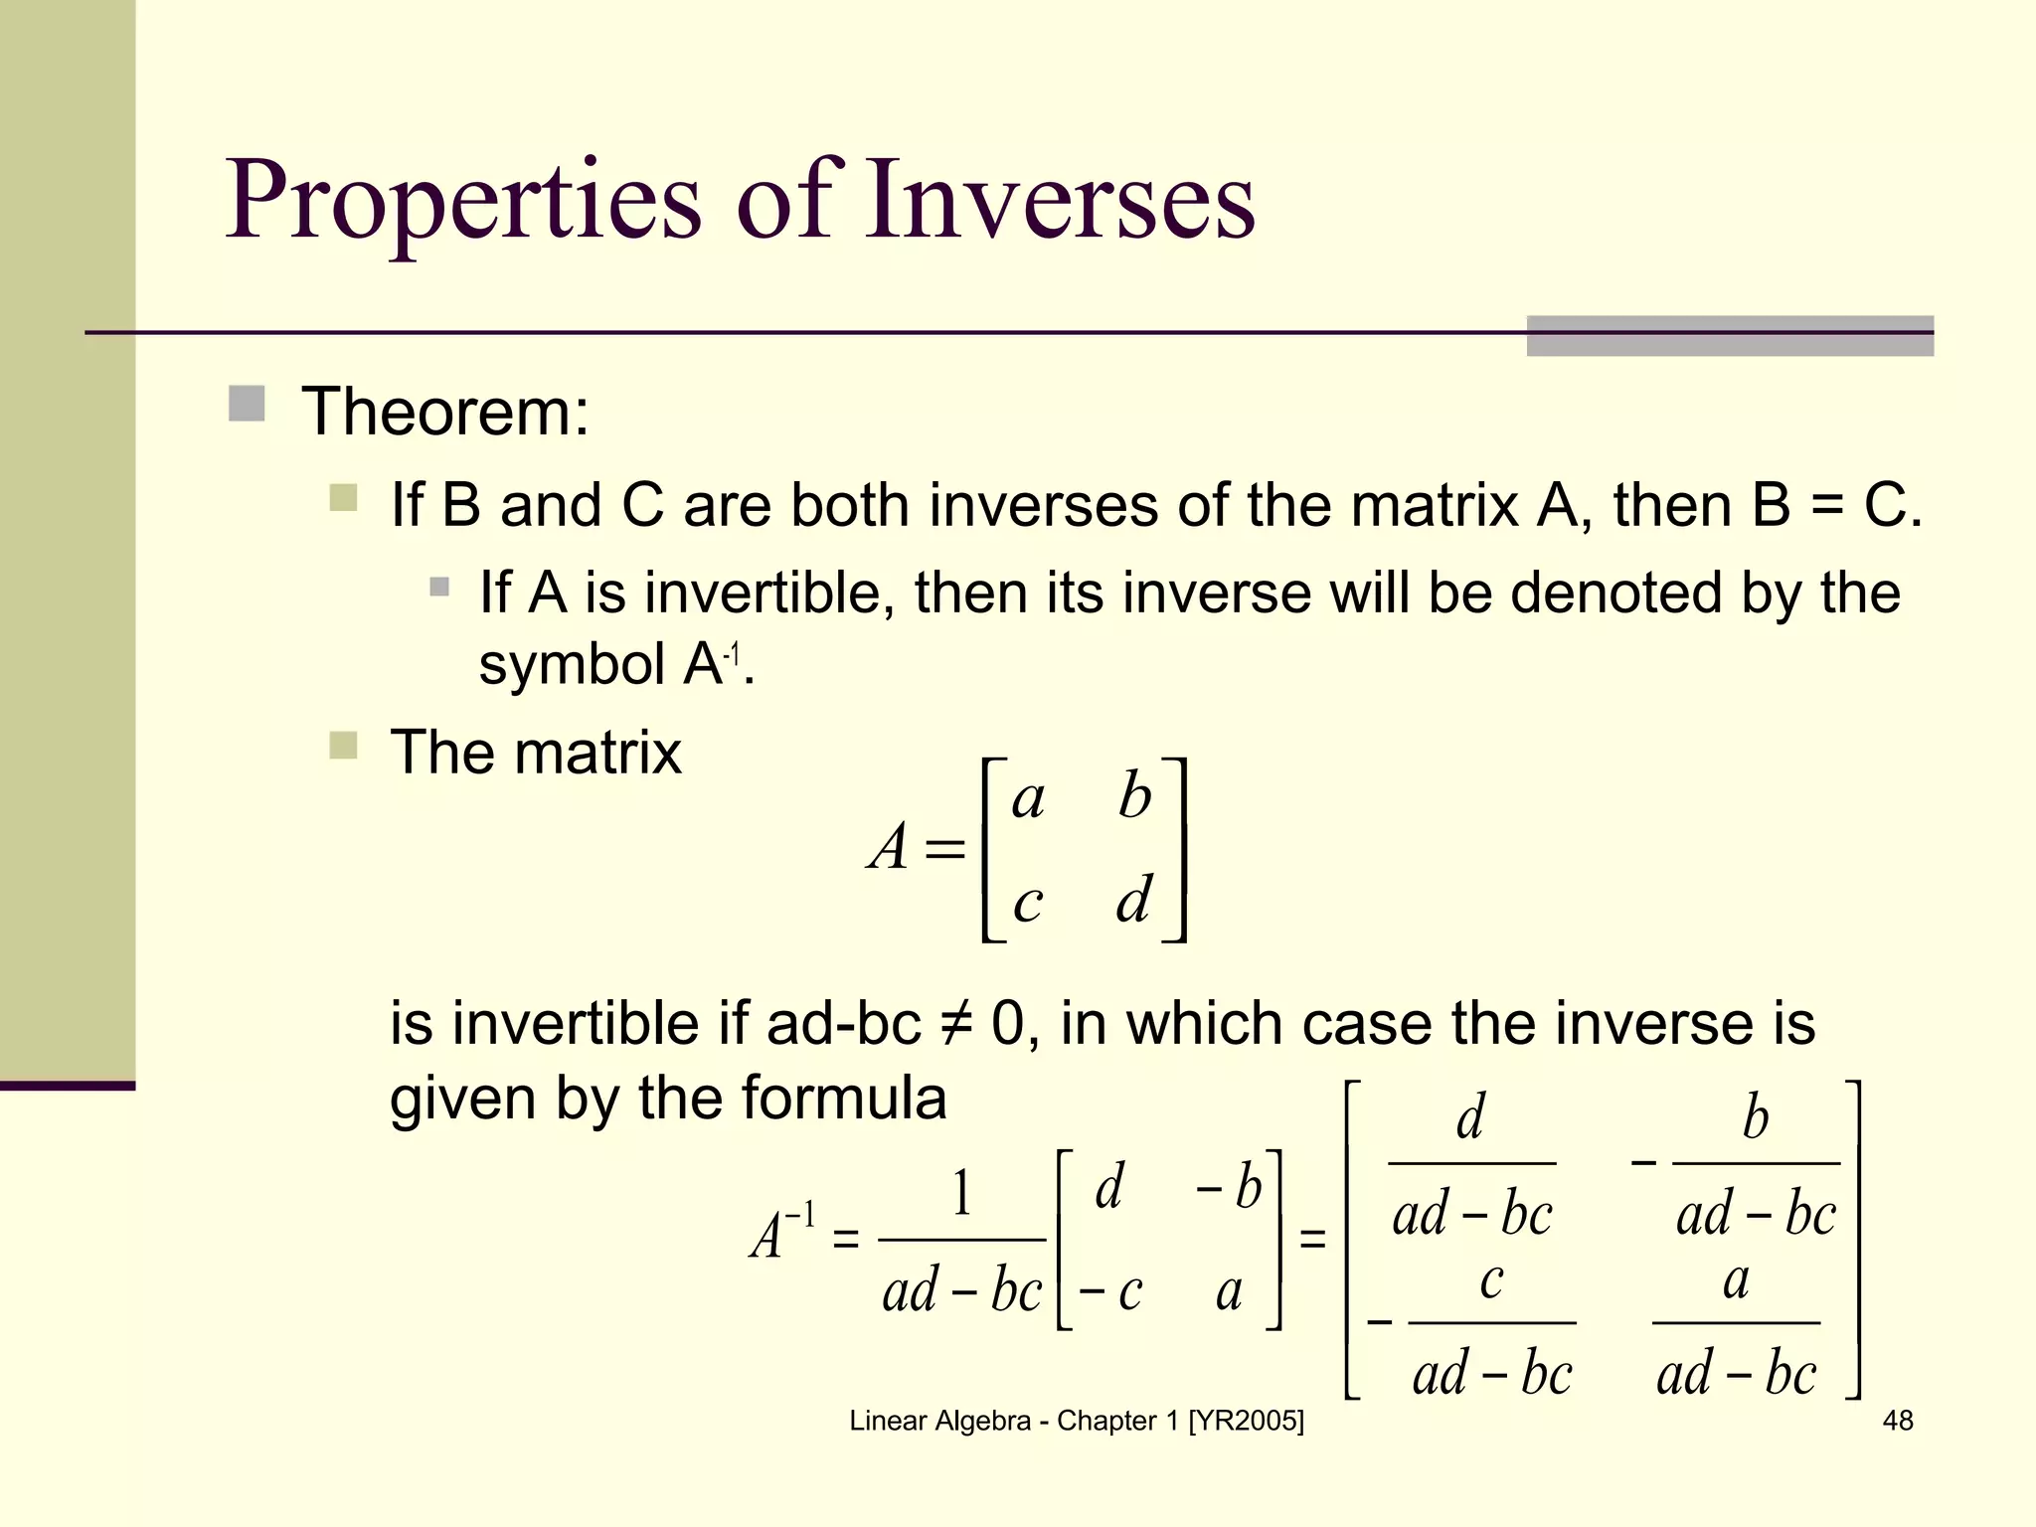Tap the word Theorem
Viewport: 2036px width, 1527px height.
pyautogui.click(x=445, y=412)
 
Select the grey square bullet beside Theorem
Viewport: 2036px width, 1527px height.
pyautogui.click(x=247, y=405)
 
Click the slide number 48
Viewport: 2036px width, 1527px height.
pyautogui.click(x=1897, y=1421)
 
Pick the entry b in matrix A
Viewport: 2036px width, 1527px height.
pyautogui.click(x=1134, y=796)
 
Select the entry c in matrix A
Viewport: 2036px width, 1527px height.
pyautogui.click(x=1028, y=903)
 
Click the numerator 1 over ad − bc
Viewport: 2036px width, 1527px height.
pyautogui.click(x=961, y=1193)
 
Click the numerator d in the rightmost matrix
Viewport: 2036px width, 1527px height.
pyautogui.click(x=1470, y=1117)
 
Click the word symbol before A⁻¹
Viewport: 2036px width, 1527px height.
pyautogui.click(x=572, y=664)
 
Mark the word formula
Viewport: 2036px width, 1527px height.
pyautogui.click(x=843, y=1099)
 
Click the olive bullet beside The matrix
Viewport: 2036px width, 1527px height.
pyautogui.click(x=343, y=746)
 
